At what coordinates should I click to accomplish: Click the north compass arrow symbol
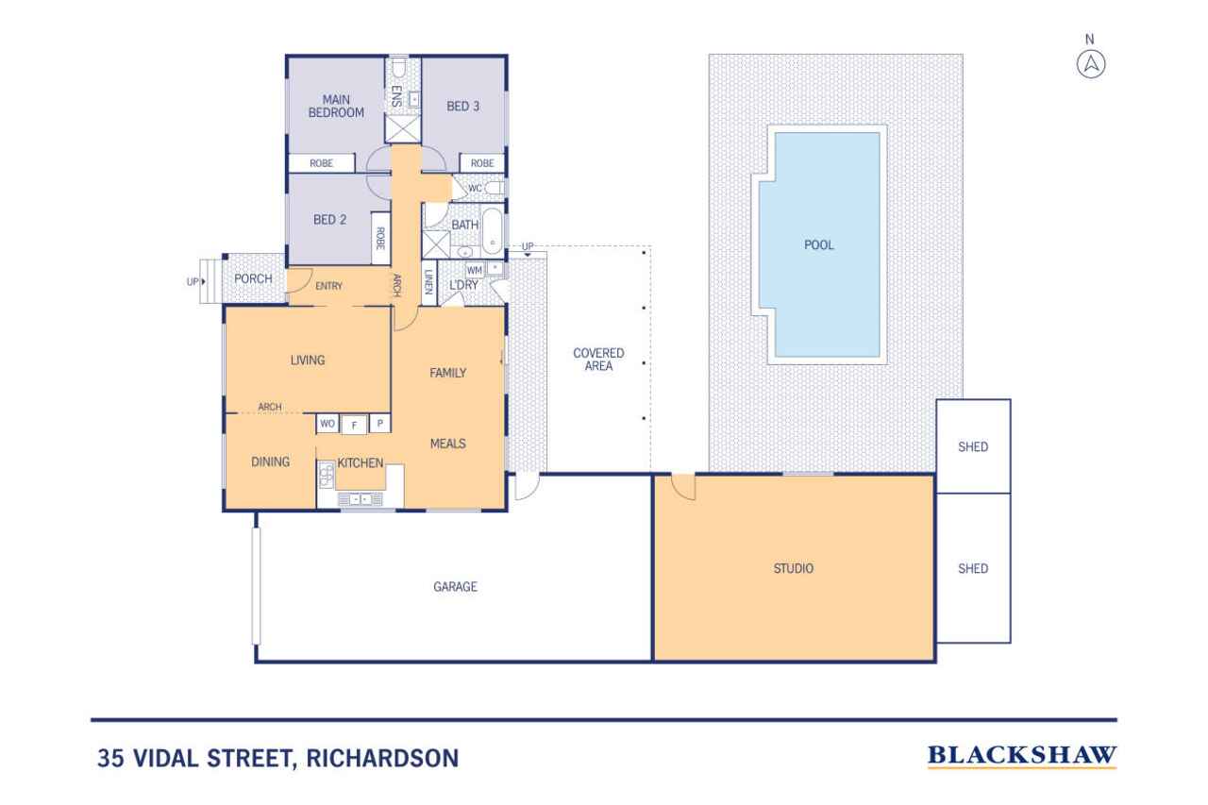pyautogui.click(x=1090, y=64)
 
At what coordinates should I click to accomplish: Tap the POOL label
pyautogui.click(x=818, y=245)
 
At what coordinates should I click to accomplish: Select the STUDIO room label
pyautogui.click(x=793, y=568)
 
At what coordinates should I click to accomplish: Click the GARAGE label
pyautogui.click(x=455, y=586)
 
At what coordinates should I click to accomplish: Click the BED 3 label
pyautogui.click(x=462, y=107)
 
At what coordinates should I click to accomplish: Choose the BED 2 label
pyautogui.click(x=329, y=220)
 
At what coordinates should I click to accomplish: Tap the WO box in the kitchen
pyautogui.click(x=327, y=425)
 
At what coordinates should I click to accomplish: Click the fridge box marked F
pyautogui.click(x=354, y=425)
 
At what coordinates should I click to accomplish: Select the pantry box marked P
pyautogui.click(x=379, y=425)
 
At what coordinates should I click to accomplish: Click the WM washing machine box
pyautogui.click(x=475, y=270)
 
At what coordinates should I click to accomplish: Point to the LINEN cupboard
pyautogui.click(x=428, y=283)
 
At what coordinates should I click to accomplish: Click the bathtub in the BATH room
pyautogui.click(x=493, y=232)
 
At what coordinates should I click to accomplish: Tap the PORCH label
pyautogui.click(x=253, y=278)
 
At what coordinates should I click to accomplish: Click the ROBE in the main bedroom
pyautogui.click(x=322, y=163)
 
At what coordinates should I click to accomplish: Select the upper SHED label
pyautogui.click(x=972, y=446)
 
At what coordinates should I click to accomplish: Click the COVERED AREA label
pyautogui.click(x=598, y=359)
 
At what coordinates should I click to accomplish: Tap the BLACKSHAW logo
pyautogui.click(x=1022, y=756)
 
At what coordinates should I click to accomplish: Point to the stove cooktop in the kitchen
pyautogui.click(x=327, y=474)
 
